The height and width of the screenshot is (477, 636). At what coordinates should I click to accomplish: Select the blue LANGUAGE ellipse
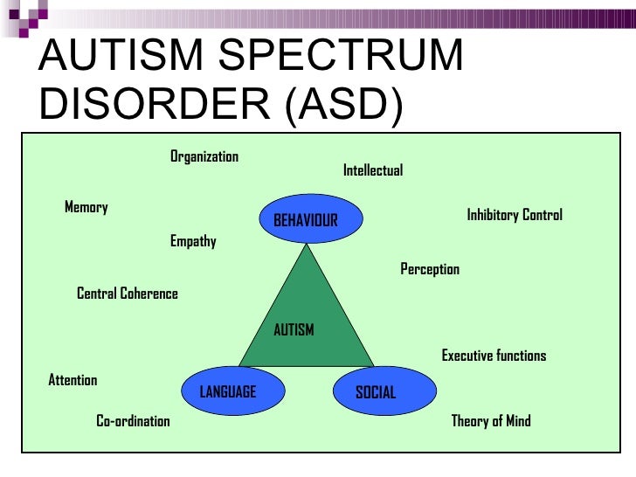(x=228, y=391)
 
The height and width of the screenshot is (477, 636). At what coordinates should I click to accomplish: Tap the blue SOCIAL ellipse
(x=376, y=391)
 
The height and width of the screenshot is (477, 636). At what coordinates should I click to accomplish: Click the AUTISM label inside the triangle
(x=294, y=330)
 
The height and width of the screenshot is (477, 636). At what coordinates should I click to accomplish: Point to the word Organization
(x=204, y=156)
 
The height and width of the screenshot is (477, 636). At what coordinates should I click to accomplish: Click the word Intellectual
(x=373, y=170)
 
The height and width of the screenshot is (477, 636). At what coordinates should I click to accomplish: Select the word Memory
(x=86, y=207)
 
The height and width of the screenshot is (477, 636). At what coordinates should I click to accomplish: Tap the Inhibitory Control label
(x=515, y=215)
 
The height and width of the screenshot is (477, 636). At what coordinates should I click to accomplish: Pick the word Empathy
(x=193, y=241)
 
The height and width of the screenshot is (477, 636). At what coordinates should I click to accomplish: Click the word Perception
(x=430, y=269)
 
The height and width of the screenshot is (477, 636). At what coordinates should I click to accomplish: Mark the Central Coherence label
(x=128, y=294)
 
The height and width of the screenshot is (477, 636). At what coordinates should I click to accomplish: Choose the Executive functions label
(x=494, y=356)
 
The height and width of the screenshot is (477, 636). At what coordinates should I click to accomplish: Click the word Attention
(x=73, y=380)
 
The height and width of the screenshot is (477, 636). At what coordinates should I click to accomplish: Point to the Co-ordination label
(x=133, y=421)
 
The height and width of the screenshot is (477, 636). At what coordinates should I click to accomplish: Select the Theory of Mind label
(x=491, y=421)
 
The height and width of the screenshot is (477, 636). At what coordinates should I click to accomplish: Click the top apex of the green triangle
(x=307, y=245)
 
